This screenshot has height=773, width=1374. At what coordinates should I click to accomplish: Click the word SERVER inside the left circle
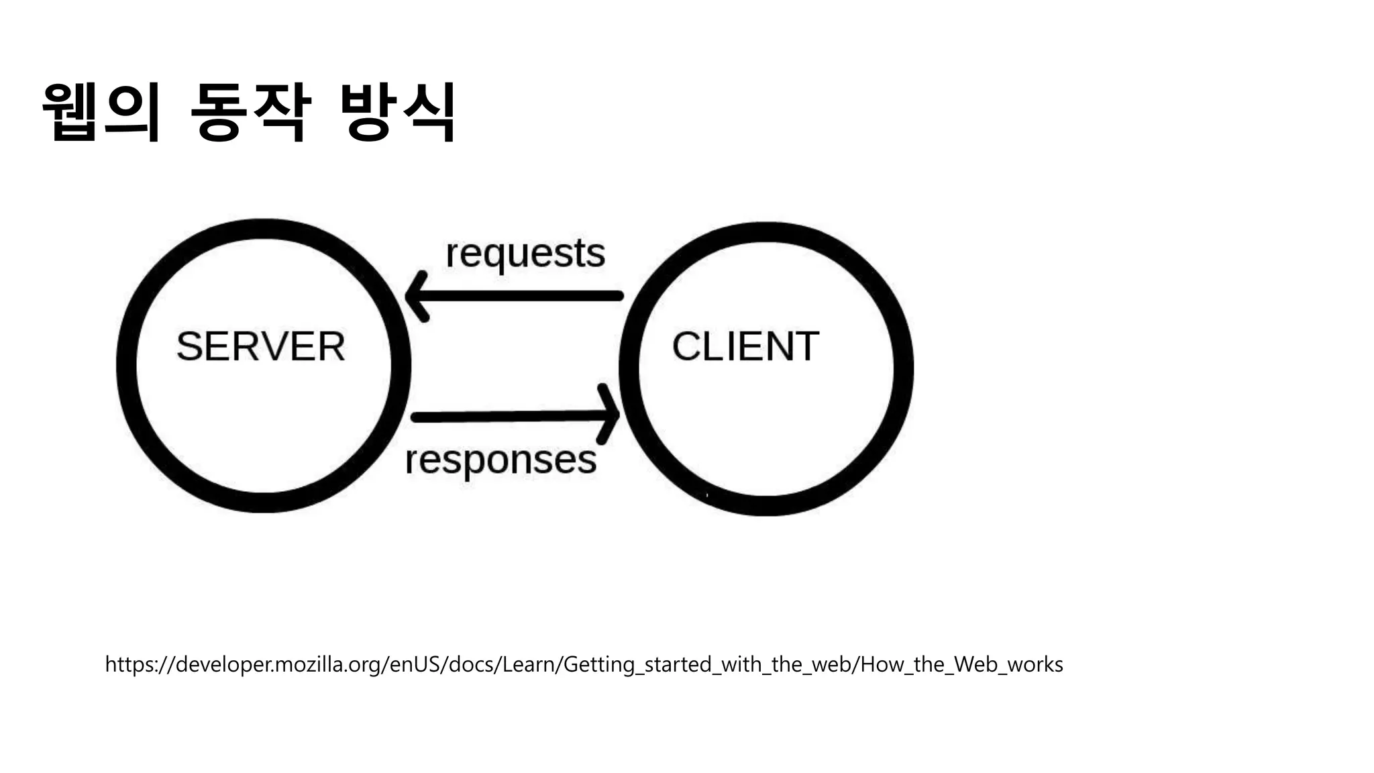pyautogui.click(x=260, y=347)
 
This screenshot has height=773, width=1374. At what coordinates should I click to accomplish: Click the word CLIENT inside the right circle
pyautogui.click(x=745, y=347)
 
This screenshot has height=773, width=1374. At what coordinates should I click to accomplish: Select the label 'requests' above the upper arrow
pyautogui.click(x=525, y=254)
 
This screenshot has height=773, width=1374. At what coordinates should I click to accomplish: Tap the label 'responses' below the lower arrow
pyautogui.click(x=500, y=460)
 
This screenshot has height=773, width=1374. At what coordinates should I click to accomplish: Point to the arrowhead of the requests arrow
pyautogui.click(x=417, y=296)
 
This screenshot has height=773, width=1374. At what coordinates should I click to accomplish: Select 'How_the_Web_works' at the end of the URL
pyautogui.click(x=961, y=664)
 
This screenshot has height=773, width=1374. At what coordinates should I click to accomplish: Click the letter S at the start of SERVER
pyautogui.click(x=189, y=347)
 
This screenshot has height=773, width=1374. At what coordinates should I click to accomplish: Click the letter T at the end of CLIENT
pyautogui.click(x=806, y=347)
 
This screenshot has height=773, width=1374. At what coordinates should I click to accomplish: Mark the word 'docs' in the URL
pyautogui.click(x=470, y=664)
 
